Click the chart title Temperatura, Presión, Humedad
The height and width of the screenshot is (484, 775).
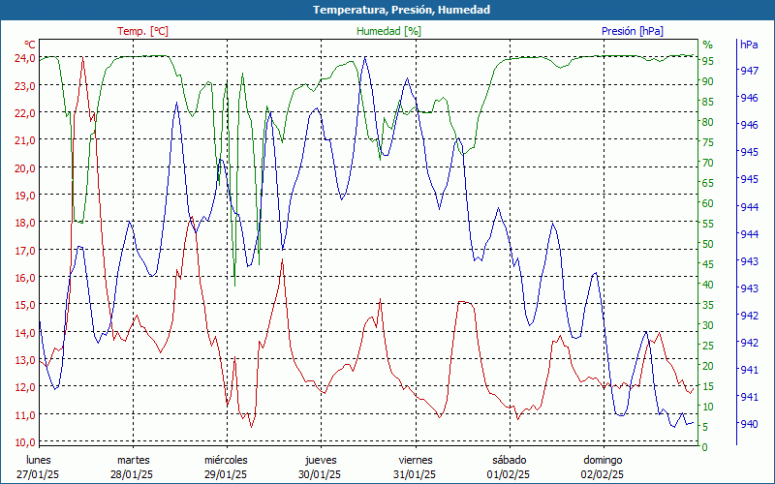[387, 10]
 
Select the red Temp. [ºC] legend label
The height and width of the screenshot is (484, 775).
[142, 31]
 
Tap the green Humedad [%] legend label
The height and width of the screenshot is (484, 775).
[389, 31]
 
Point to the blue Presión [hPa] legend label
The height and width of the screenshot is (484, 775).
[633, 31]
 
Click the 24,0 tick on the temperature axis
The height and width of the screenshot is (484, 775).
[24, 58]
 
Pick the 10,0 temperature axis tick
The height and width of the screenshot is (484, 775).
[24, 442]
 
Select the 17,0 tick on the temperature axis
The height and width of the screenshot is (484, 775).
[24, 250]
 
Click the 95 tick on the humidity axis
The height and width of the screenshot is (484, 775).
[708, 61]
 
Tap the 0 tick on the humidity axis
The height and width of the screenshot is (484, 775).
[705, 447]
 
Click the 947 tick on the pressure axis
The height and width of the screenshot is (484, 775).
[749, 71]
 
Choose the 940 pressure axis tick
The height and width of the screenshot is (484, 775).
[749, 424]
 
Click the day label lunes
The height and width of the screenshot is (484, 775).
[39, 460]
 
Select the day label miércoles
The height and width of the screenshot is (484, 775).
[227, 460]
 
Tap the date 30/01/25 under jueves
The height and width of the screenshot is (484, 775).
[320, 474]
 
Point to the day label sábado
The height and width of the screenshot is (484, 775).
[509, 460]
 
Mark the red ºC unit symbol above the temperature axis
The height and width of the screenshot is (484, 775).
[29, 45]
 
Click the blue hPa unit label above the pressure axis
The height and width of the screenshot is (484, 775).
[749, 45]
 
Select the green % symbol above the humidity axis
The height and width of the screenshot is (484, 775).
[707, 45]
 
